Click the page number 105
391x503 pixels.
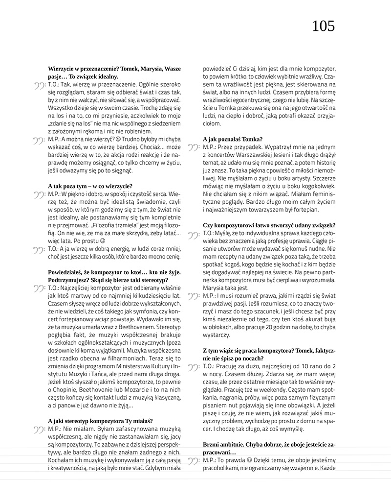coord(324,26)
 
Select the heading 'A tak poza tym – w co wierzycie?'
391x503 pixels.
coord(90,186)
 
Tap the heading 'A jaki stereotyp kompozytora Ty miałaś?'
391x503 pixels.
coord(101,420)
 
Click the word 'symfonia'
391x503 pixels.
coord(135,311)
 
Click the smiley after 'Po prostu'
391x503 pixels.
coord(102,241)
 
